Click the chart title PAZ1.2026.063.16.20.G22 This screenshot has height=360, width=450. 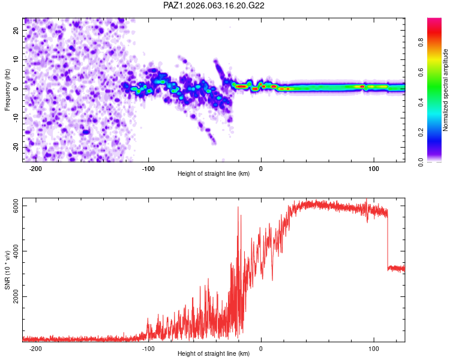pos(214,5)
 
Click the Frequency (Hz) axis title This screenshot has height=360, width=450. pos(7,90)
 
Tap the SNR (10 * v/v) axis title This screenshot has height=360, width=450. pos(7,270)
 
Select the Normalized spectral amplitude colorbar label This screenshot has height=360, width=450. pos(445,90)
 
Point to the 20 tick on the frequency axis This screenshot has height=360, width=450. pos(16,30)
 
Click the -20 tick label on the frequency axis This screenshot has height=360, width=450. pos(16,148)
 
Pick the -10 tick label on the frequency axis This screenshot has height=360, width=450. pos(16,118)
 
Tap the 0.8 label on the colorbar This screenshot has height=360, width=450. pos(421,42)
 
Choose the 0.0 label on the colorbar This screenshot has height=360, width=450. pos(421,162)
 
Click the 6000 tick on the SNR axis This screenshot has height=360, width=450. pos(16,206)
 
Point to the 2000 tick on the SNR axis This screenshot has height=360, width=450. pos(16,296)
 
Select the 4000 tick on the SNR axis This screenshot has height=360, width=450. pos(16,251)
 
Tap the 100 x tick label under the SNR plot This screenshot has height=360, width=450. pos(374,349)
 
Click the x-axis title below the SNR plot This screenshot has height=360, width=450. pos(214,353)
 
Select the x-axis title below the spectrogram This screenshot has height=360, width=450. pos(214,173)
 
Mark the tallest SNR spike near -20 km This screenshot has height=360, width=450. pos(238,207)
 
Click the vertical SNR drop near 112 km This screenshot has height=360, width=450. pos(388,240)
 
